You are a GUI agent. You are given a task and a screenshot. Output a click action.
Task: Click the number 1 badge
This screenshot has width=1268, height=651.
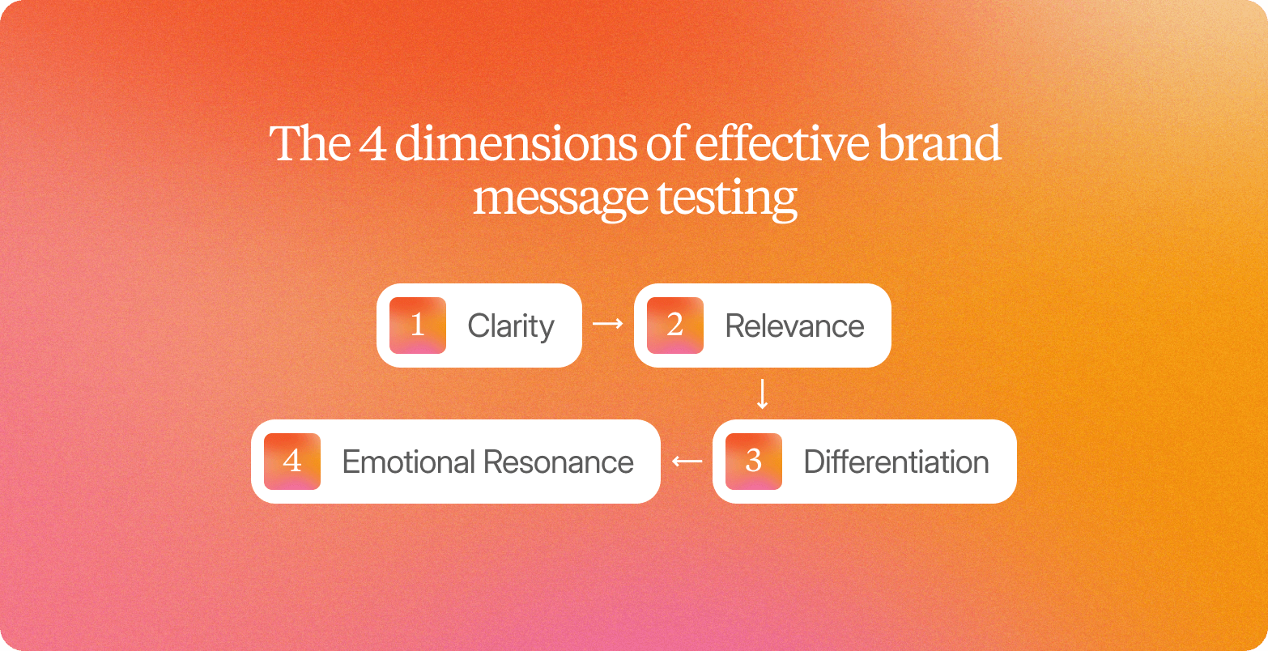click(x=418, y=325)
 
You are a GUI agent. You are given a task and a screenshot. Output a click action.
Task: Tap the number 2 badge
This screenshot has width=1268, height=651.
click(x=675, y=325)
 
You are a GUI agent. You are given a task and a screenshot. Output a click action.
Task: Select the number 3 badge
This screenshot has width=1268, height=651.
click(x=754, y=462)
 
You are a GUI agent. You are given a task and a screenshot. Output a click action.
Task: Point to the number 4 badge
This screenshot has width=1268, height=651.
click(x=292, y=462)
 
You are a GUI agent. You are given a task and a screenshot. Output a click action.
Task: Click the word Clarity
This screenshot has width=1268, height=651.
click(x=511, y=326)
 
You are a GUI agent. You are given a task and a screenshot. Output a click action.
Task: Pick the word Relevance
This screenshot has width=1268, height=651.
click(x=794, y=326)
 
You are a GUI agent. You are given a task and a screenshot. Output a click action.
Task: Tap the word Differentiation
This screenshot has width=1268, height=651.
click(x=896, y=462)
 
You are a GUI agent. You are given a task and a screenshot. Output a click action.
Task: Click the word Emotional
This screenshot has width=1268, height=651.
click(x=408, y=462)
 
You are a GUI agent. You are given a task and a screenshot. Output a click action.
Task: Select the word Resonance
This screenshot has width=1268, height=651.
click(x=559, y=462)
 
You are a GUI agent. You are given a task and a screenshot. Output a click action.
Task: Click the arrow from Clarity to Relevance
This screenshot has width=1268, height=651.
click(x=608, y=324)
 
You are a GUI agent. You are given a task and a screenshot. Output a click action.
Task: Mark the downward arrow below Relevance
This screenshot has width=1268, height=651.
click(x=762, y=394)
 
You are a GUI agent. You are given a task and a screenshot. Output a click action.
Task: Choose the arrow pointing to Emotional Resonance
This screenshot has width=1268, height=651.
click(x=687, y=462)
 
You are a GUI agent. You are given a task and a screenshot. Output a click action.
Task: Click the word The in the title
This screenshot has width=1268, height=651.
click(x=307, y=144)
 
